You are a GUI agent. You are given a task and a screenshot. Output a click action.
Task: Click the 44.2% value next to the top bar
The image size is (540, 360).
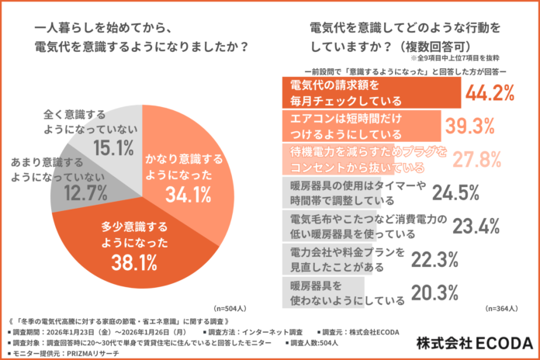489,94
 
